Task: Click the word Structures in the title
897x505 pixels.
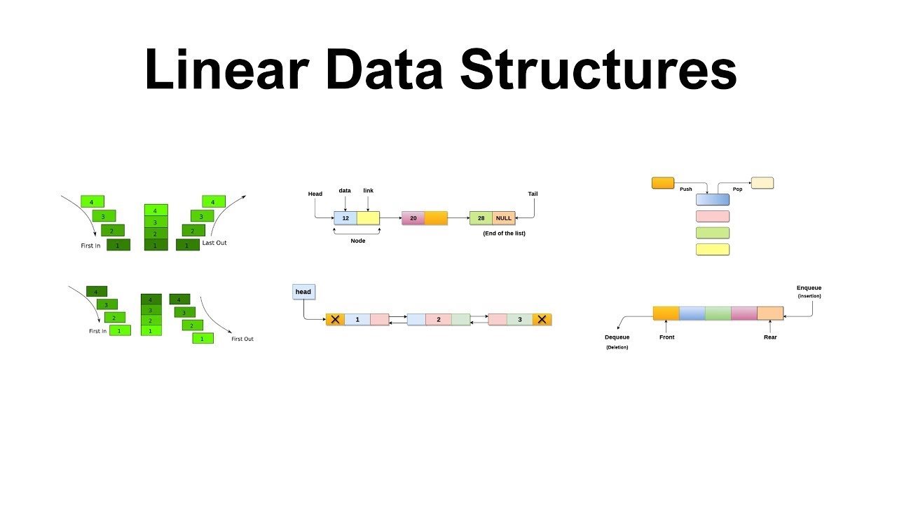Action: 598,70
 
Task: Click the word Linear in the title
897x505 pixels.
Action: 226,70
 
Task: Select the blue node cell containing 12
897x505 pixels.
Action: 345,218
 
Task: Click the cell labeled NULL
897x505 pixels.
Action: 504,218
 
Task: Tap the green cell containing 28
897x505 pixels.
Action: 481,218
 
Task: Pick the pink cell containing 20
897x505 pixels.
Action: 413,218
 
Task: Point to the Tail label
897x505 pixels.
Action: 533,194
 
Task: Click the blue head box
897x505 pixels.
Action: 303,292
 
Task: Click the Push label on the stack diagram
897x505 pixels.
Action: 685,189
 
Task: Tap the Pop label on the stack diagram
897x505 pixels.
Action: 737,189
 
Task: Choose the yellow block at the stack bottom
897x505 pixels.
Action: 713,249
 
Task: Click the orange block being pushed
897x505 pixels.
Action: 663,183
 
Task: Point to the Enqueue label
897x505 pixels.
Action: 809,288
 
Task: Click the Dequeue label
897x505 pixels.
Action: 617,337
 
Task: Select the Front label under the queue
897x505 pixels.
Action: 667,337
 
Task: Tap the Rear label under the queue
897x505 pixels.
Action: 770,337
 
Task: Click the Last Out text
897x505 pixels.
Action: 214,243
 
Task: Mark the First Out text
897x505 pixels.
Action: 242,339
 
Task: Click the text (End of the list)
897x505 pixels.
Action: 504,233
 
